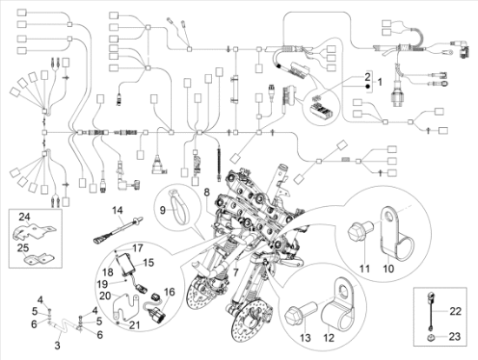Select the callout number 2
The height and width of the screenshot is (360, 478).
coord(368,78)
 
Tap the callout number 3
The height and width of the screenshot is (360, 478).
coord(57,345)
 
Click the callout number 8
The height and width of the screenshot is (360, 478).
coord(207,190)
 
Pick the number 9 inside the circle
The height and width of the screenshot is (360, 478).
coord(161,209)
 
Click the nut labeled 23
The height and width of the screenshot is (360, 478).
coord(430,334)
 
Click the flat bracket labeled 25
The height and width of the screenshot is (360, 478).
coord(37,258)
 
